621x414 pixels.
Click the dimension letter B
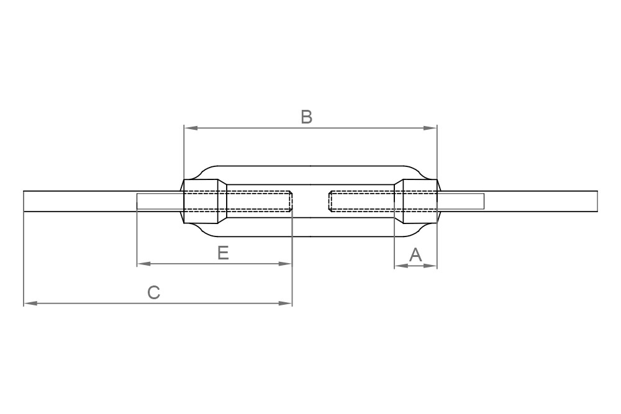306,117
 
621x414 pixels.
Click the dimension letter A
415,254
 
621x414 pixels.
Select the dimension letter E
224,253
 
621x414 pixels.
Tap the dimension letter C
154,292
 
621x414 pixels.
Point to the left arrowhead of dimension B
189,128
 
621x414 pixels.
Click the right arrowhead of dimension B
432,128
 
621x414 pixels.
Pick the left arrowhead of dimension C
29,304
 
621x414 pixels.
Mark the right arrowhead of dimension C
286,304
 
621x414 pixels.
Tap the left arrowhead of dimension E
142,264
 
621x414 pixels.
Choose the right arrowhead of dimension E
286,264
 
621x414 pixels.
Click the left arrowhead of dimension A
399,266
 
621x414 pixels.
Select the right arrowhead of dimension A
432,266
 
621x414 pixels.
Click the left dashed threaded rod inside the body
255,201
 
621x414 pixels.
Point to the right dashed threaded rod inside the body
363,201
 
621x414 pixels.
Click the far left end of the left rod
25,201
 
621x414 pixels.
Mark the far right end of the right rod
596,201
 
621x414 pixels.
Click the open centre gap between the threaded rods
310,201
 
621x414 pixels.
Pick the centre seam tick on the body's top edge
310,166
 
